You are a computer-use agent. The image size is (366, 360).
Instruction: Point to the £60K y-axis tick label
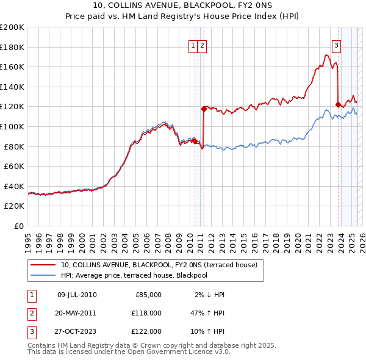coord(14,166)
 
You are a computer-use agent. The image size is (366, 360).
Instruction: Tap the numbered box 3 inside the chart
coord(336,44)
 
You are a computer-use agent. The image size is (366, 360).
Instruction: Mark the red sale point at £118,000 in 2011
coord(204,109)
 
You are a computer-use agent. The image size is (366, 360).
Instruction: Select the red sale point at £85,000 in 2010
coord(195,142)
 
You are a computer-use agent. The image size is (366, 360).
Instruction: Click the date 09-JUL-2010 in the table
coord(77,295)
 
